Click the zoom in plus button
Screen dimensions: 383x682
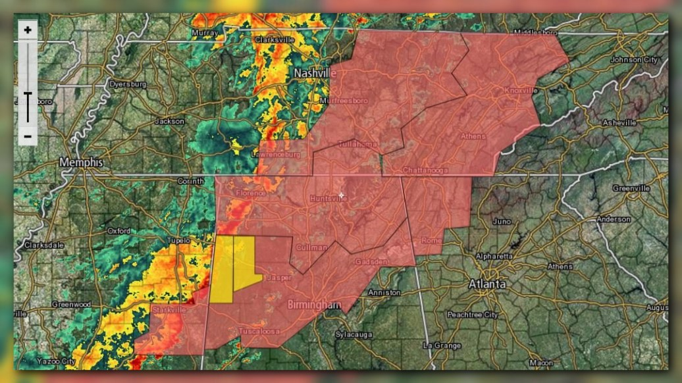pos(28,30)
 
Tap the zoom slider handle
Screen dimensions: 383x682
pos(28,97)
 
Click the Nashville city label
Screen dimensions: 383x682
pos(315,72)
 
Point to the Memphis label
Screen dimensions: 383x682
pos(82,162)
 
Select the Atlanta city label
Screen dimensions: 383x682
pos(487,284)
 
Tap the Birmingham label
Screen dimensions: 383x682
pos(314,305)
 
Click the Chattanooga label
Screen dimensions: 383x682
pos(425,170)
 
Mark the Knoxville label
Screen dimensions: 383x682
pos(521,90)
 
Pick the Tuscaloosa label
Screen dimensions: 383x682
pos(259,330)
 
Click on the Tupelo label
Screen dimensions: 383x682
pos(178,241)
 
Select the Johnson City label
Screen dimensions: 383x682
pos(634,60)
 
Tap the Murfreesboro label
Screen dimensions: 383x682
pos(343,101)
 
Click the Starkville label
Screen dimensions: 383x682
pos(169,309)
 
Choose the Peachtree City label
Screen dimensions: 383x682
pos(472,315)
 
